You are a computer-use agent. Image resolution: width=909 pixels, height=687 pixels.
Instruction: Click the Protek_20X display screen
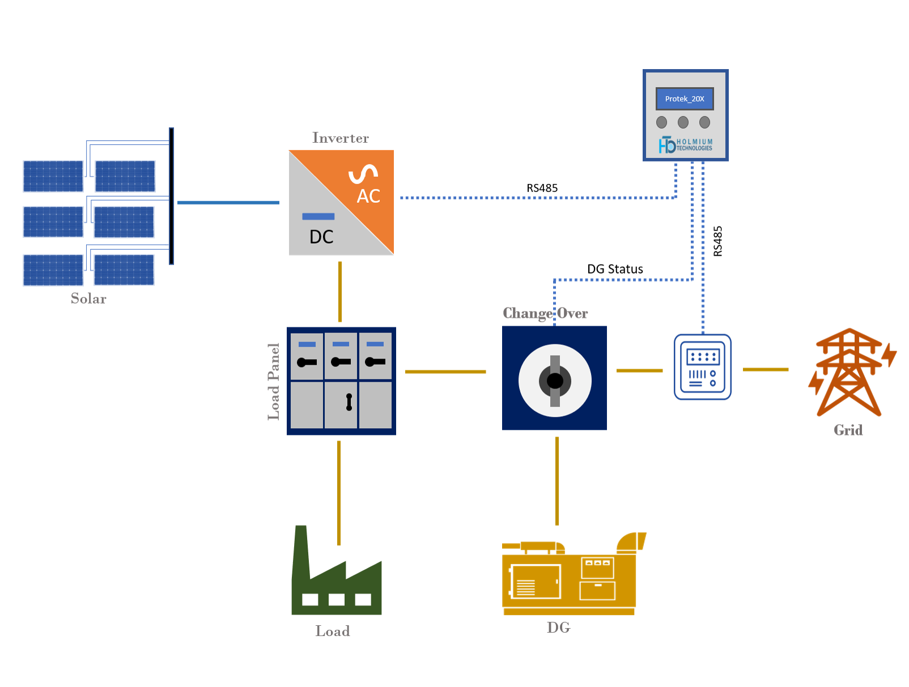(x=685, y=99)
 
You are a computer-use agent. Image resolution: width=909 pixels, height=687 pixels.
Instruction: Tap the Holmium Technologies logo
(x=685, y=145)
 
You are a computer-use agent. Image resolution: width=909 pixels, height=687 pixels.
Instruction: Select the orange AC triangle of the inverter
(x=363, y=181)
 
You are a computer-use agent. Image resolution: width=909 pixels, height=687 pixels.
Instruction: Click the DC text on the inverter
(x=321, y=237)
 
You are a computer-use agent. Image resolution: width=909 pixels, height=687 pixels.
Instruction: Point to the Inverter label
(x=340, y=138)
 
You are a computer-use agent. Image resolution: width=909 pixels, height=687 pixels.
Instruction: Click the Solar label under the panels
(x=88, y=298)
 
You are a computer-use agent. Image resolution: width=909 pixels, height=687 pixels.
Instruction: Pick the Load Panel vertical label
(x=274, y=382)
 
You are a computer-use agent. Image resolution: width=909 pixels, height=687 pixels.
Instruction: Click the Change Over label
(x=545, y=313)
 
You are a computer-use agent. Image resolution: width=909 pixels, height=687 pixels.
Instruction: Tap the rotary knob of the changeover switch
(x=555, y=381)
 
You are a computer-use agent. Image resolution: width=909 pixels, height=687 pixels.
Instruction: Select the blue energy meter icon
(x=702, y=367)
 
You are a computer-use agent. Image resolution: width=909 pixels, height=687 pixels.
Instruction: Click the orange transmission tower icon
(x=849, y=373)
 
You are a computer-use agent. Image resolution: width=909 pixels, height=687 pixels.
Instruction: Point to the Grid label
(x=848, y=430)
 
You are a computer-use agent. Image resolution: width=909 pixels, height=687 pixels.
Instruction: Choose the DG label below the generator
(x=558, y=628)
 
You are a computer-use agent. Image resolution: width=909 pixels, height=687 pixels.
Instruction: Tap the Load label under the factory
(x=333, y=631)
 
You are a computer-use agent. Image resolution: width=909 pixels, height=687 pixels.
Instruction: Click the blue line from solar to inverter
(x=228, y=202)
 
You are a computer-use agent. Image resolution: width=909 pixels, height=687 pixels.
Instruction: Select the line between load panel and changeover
(x=445, y=372)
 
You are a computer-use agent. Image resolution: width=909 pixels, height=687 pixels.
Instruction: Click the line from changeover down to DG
(x=557, y=481)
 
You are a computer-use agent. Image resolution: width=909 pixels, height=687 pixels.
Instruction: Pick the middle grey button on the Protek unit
(x=683, y=122)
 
